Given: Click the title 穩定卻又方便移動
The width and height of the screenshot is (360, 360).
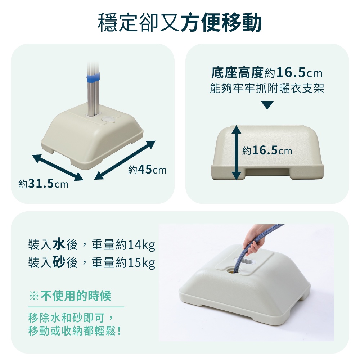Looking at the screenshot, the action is click(x=180, y=22).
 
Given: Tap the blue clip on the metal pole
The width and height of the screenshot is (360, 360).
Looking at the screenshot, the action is click(x=93, y=77).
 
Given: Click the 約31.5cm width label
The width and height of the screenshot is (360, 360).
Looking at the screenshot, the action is click(x=44, y=184).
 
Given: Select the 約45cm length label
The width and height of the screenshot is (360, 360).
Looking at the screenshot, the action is click(x=147, y=170).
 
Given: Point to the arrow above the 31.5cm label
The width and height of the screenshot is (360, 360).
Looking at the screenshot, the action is click(x=58, y=168).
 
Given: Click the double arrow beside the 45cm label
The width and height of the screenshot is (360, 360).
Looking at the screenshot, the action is click(x=125, y=160).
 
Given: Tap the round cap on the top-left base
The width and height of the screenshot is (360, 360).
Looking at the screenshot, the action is click(x=107, y=119).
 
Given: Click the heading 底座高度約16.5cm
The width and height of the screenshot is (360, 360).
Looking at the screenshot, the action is click(x=267, y=73).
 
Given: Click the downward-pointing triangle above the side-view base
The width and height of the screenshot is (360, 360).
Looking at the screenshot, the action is click(x=267, y=105).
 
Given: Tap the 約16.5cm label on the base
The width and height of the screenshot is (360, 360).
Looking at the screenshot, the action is click(x=267, y=151).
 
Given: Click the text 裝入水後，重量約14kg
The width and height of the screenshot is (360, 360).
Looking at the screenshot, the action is click(x=91, y=245).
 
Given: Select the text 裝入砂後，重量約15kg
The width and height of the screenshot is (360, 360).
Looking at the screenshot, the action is click(x=91, y=262).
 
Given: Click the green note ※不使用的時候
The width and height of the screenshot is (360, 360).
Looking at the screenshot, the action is click(x=70, y=296).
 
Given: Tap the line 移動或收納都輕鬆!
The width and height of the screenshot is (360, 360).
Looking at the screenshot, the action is click(x=75, y=330).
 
